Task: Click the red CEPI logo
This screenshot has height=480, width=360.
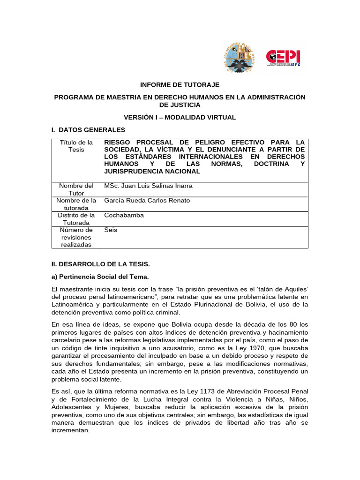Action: pyautogui.click(x=283, y=58)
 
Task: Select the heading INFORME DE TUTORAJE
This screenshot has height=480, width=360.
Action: pyautogui.click(x=180, y=85)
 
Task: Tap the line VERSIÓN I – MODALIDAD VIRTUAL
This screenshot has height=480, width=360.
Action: pyautogui.click(x=180, y=117)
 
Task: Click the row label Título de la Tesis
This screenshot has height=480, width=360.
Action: pyautogui.click(x=76, y=146)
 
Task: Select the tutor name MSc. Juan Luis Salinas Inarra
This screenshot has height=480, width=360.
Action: pyautogui.click(x=148, y=186)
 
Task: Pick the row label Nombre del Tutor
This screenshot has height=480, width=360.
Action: pyautogui.click(x=76, y=189)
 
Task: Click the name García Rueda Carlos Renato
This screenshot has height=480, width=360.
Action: pyautogui.click(x=147, y=201)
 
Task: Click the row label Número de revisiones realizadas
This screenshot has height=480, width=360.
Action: pyautogui.click(x=76, y=237)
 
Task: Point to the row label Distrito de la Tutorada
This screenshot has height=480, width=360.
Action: pyautogui.click(x=76, y=219)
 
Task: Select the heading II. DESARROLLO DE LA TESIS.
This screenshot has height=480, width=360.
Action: pyautogui.click(x=100, y=264)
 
